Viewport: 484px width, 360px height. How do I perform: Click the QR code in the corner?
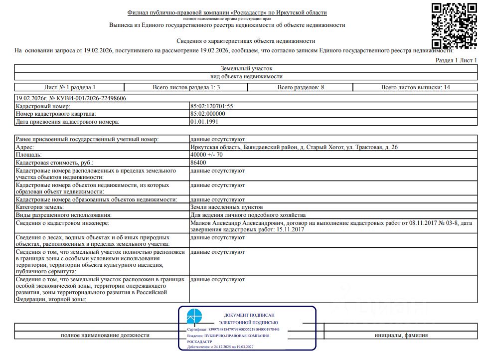coord(453,23)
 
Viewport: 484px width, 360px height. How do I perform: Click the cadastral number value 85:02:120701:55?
coord(212,106)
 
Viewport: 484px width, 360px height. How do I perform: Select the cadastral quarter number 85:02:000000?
coord(208,114)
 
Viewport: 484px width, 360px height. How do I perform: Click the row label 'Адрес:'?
coord(26,148)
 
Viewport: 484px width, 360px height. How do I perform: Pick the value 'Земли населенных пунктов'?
coord(226,207)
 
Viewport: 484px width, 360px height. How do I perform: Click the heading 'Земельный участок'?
coord(246,68)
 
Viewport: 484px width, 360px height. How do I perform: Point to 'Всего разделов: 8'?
coord(301,87)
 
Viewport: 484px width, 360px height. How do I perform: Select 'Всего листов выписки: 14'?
coord(415,87)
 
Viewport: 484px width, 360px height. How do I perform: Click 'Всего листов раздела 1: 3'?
coord(186,87)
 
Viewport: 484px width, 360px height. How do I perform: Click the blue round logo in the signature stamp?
coord(194,317)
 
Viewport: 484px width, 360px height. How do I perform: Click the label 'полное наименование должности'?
coord(105,336)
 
